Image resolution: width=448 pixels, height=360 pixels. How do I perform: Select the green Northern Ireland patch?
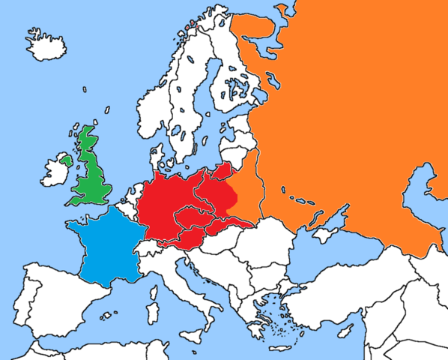point(67,160)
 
